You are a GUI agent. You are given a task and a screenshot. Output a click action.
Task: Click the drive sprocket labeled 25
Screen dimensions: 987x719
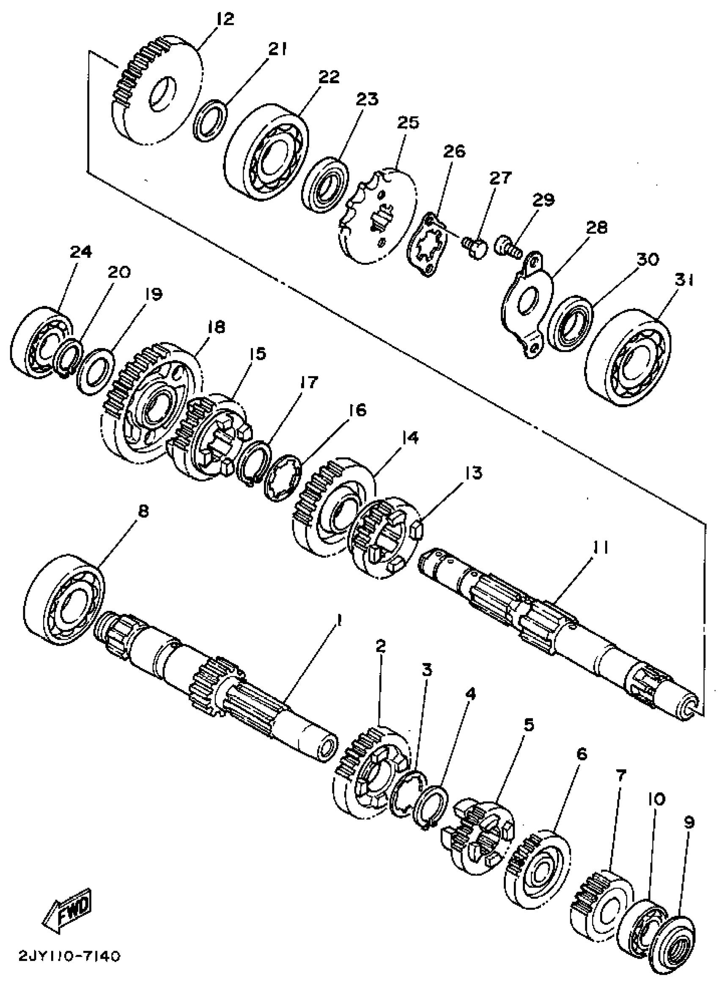[x=377, y=215]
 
